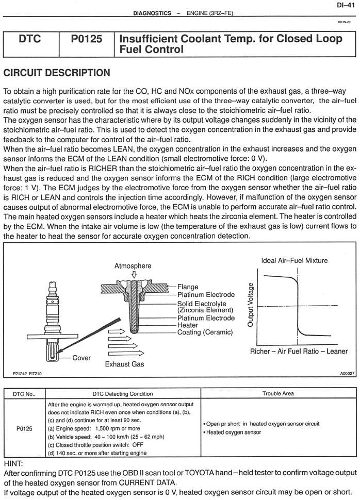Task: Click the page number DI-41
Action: point(345,5)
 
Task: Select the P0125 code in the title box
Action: point(84,39)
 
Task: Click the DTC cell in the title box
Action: point(30,39)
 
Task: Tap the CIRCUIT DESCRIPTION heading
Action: point(56,72)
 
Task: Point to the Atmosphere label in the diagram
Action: point(133,265)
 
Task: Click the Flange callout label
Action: point(189,287)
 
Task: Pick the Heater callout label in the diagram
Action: point(188,325)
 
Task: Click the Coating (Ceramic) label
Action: point(204,332)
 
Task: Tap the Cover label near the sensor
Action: point(81,358)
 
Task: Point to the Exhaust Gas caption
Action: point(124,364)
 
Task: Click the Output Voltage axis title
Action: point(251,305)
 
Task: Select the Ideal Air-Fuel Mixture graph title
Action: point(294,260)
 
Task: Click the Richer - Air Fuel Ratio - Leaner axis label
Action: point(299,351)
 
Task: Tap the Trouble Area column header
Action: point(278,393)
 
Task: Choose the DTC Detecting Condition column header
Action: point(123,393)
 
